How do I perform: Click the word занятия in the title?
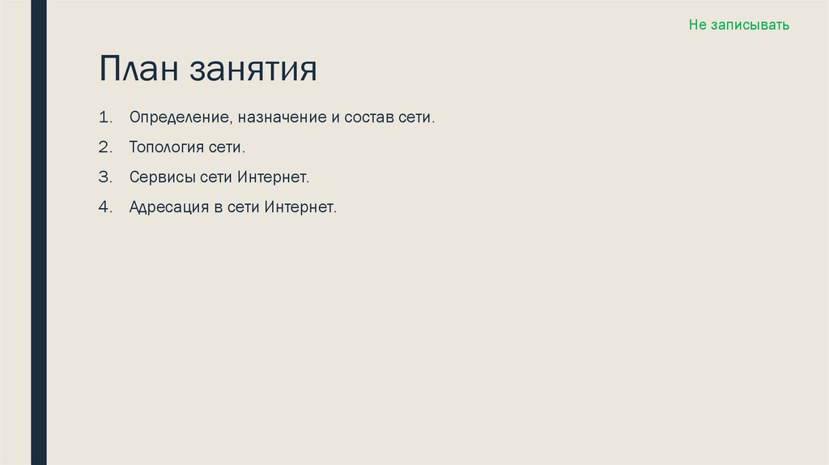click(x=253, y=70)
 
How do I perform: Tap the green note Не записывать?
click(x=738, y=25)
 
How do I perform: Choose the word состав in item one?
click(x=369, y=118)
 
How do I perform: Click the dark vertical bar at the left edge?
click(x=38, y=232)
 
